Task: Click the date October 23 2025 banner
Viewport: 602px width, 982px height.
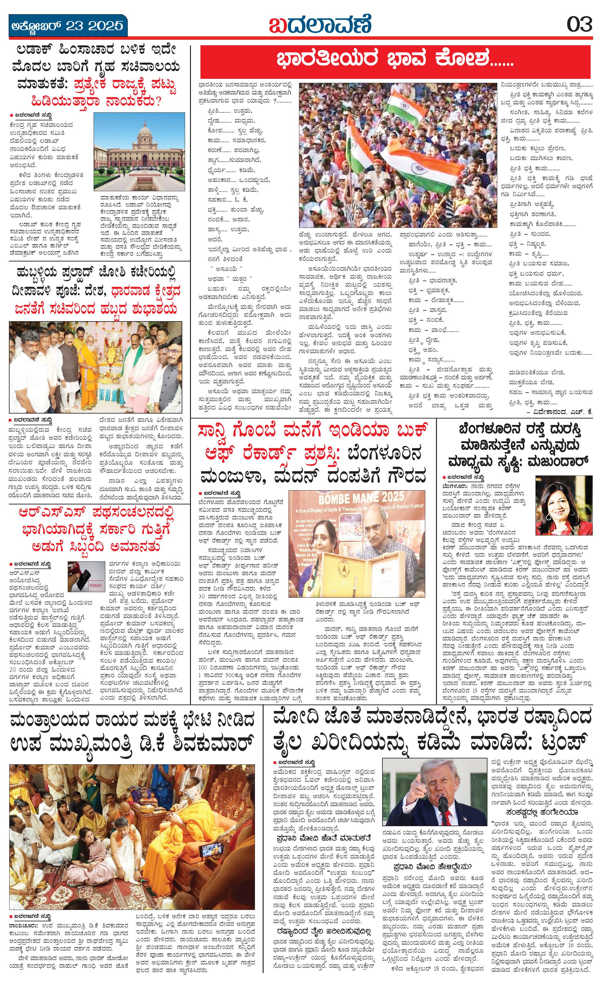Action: (x=68, y=26)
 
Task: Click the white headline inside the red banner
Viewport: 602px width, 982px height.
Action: (x=394, y=61)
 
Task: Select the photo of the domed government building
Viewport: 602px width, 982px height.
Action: (x=139, y=152)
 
